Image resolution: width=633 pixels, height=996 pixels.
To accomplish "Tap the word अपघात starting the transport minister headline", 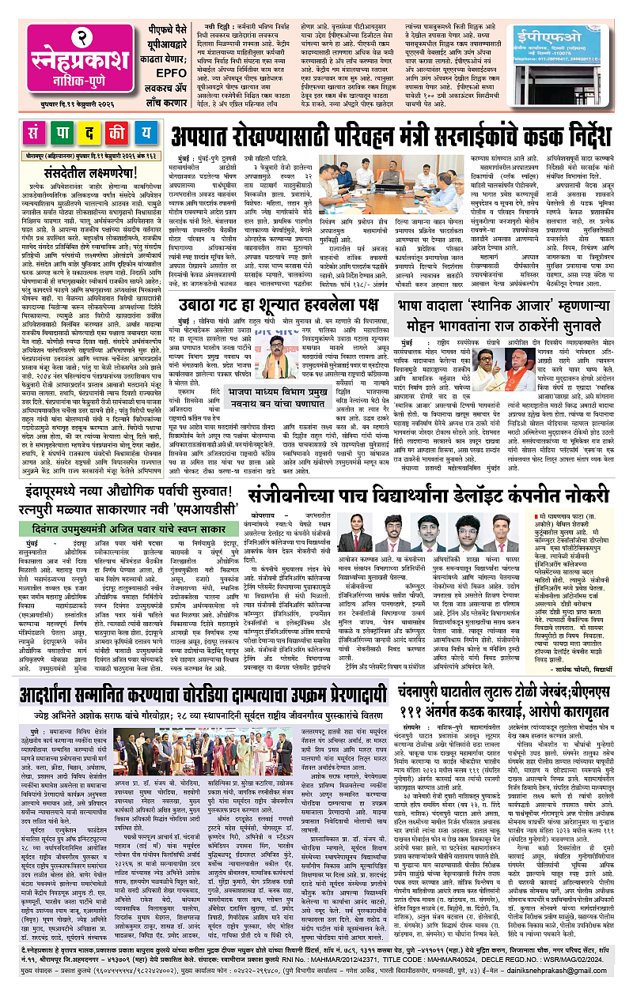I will [209, 134].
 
